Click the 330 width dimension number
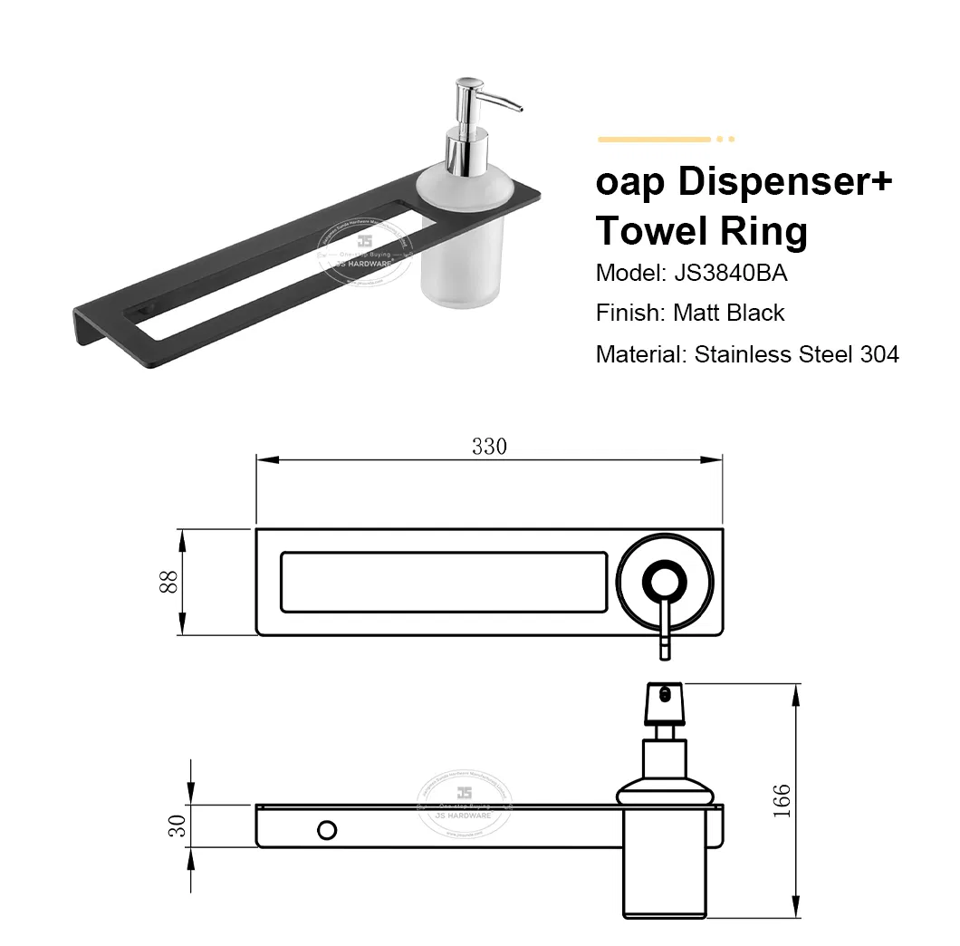click(x=489, y=446)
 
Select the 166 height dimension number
click(x=782, y=801)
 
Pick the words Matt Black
click(x=728, y=314)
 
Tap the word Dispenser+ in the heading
click(x=785, y=182)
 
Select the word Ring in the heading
click(x=763, y=232)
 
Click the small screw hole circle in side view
click(x=326, y=828)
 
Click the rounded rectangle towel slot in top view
click(x=444, y=581)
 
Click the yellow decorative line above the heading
click(x=654, y=139)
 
